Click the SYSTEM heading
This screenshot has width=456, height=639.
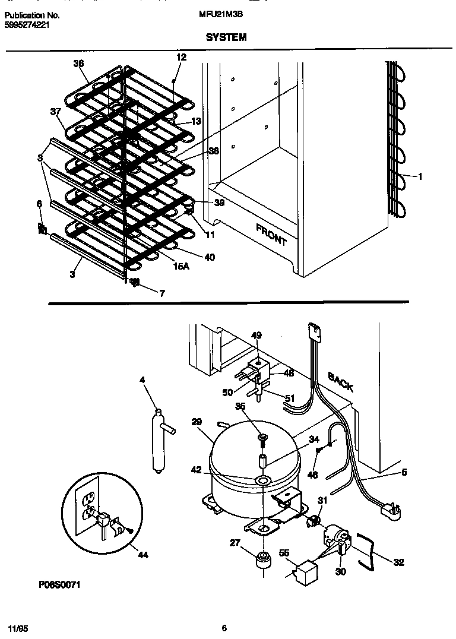pyautogui.click(x=226, y=37)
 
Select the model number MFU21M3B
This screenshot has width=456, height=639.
pyautogui.click(x=219, y=16)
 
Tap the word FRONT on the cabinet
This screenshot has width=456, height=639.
pyautogui.click(x=271, y=235)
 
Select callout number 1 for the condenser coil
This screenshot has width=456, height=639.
pyautogui.click(x=420, y=176)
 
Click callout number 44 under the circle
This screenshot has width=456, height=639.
pyautogui.click(x=142, y=555)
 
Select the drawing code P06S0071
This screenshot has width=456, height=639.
pyautogui.click(x=60, y=585)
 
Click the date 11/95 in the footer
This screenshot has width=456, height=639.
pyautogui.click(x=17, y=628)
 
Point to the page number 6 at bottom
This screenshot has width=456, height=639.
pyautogui.click(x=224, y=628)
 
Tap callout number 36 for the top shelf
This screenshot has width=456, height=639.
pyautogui.click(x=78, y=64)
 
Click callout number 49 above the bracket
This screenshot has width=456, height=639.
pyautogui.click(x=256, y=336)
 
